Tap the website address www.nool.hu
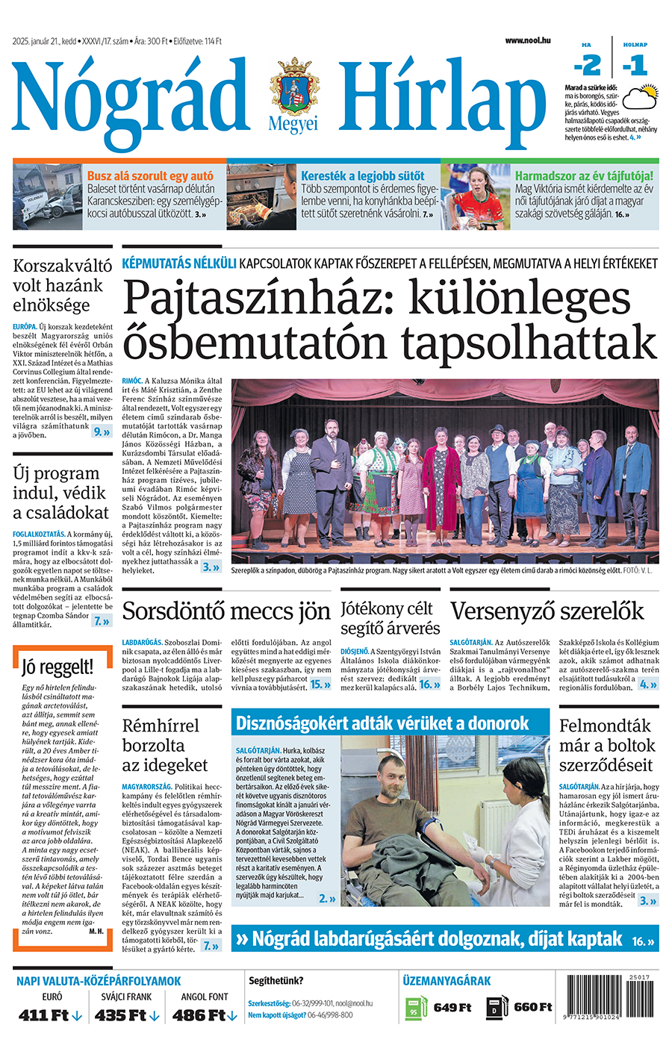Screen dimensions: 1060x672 527,40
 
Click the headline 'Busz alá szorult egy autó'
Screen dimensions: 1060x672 150,176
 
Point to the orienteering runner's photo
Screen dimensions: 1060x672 475,197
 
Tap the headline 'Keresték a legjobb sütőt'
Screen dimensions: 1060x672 362,176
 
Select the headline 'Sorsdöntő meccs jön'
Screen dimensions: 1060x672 225,611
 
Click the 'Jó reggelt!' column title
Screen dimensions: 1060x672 57,667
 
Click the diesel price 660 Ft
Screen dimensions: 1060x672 532,1007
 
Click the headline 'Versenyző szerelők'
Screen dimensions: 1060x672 547,611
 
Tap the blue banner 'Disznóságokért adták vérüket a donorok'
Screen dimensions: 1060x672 382,723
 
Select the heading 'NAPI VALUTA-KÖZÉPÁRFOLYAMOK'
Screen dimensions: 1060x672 99,981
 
